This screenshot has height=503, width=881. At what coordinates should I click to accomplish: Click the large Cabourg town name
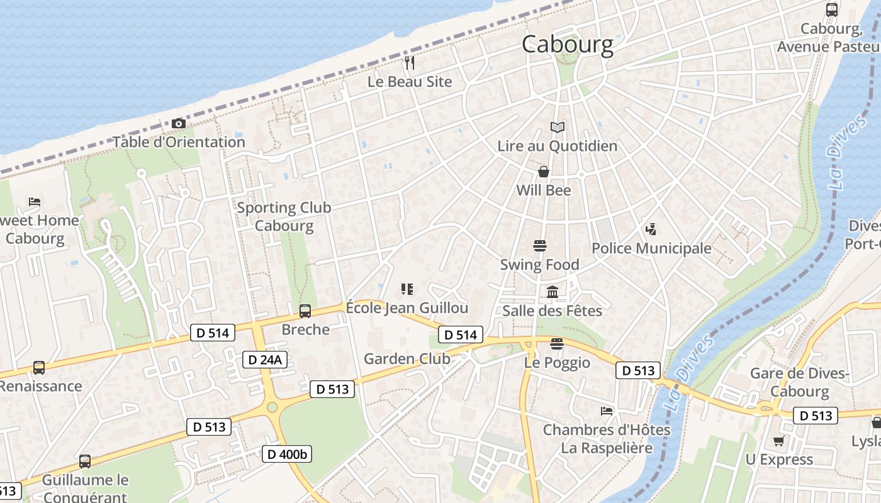pyautogui.click(x=567, y=44)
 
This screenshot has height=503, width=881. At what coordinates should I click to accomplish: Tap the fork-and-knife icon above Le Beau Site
pyautogui.click(x=410, y=62)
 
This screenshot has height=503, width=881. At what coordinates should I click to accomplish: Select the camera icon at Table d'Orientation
pyautogui.click(x=179, y=123)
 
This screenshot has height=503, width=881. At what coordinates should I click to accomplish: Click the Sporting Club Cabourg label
pyautogui.click(x=284, y=216)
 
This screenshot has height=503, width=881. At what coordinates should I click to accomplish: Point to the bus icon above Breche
pyautogui.click(x=305, y=311)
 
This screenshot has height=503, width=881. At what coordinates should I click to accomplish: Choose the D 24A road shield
pyautogui.click(x=266, y=360)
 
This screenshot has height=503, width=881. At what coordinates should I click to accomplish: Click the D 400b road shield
pyautogui.click(x=286, y=454)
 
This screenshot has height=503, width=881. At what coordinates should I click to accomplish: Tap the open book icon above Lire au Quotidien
pyautogui.click(x=558, y=127)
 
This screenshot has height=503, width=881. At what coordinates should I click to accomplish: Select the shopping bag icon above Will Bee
pyautogui.click(x=544, y=172)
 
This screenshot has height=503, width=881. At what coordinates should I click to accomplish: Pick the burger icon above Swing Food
pyautogui.click(x=539, y=245)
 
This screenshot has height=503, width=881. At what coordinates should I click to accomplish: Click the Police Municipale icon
pyautogui.click(x=651, y=229)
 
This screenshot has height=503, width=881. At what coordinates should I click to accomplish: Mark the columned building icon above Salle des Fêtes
pyautogui.click(x=553, y=292)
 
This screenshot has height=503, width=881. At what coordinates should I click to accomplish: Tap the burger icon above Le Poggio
pyautogui.click(x=556, y=343)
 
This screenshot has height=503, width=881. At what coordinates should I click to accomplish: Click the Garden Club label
pyautogui.click(x=407, y=359)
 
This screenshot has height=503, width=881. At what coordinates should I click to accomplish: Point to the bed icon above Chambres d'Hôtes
pyautogui.click(x=607, y=411)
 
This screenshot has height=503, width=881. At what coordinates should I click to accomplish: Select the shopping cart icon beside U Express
pyautogui.click(x=779, y=441)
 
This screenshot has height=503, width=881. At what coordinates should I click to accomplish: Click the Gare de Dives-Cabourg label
pyautogui.click(x=800, y=382)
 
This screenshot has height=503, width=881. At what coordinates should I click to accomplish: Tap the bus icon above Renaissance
pyautogui.click(x=39, y=367)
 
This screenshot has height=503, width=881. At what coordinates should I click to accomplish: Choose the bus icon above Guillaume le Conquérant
pyautogui.click(x=85, y=462)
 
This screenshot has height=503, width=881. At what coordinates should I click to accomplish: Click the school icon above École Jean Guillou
pyautogui.click(x=407, y=289)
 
